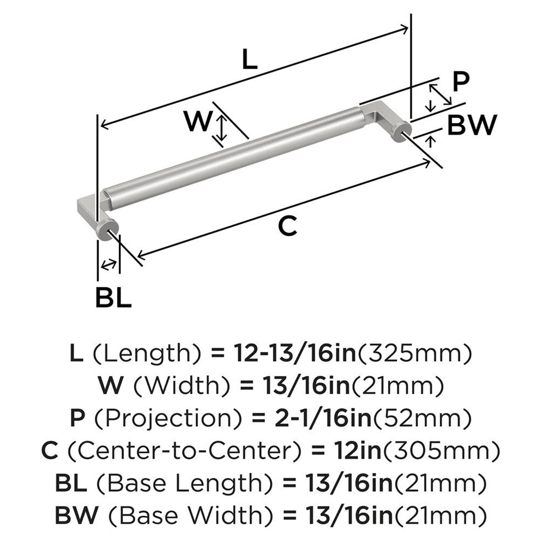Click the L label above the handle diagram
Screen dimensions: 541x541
coord(248,60)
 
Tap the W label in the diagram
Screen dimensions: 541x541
coord(196,121)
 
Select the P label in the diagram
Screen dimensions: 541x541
coord(460,82)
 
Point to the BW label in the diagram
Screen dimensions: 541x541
coord(472,126)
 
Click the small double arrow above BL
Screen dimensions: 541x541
coord(109,265)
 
